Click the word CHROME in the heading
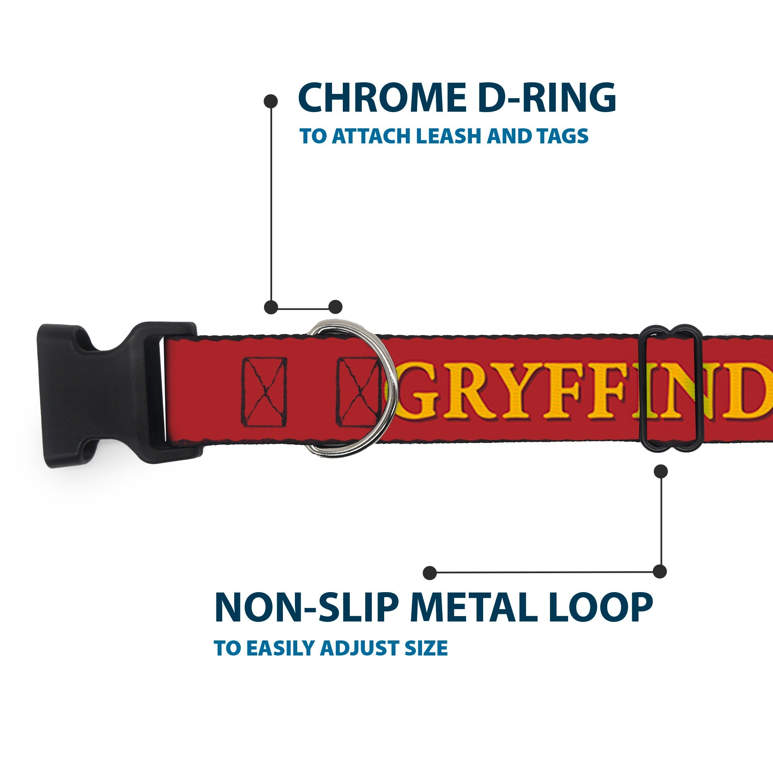tap(382, 98)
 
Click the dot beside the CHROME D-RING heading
tap(271, 101)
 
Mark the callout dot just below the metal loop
tap(661, 472)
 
